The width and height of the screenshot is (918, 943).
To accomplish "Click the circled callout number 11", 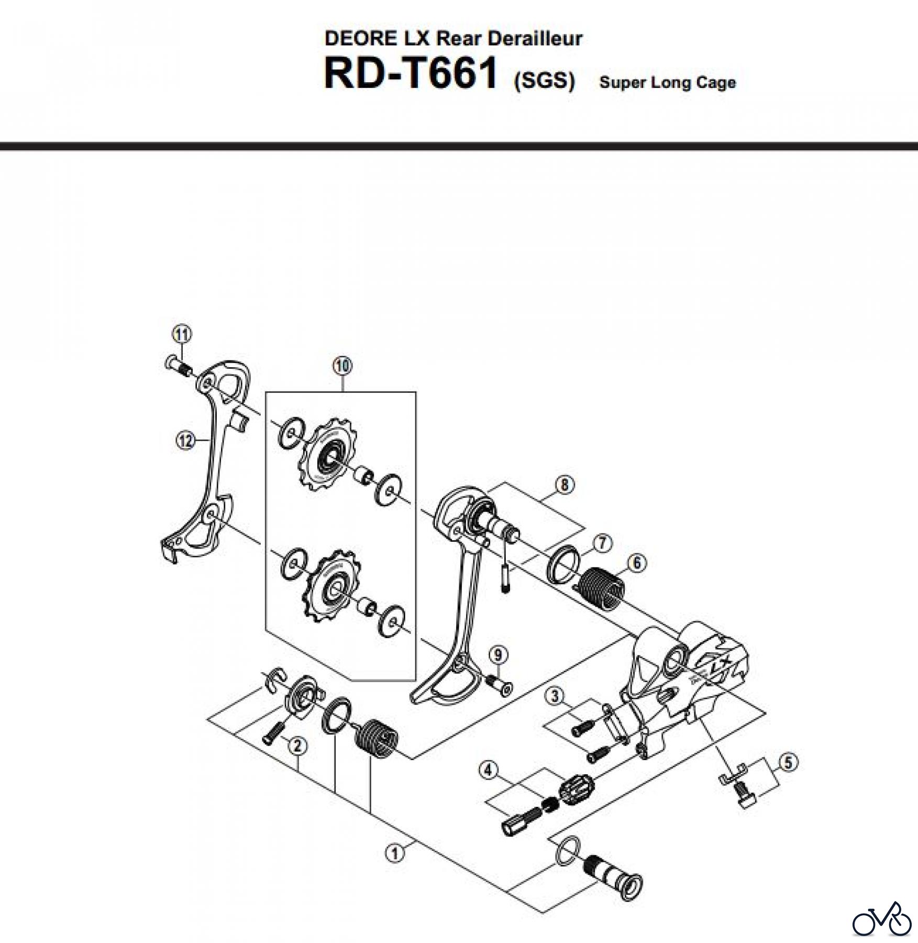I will click(x=182, y=334).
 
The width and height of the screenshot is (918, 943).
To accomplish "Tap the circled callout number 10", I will click(x=342, y=366).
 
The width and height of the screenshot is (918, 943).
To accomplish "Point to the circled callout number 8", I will click(x=564, y=485).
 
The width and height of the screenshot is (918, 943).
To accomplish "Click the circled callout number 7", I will click(x=602, y=543).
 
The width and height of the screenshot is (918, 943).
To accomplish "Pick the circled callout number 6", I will click(x=636, y=563).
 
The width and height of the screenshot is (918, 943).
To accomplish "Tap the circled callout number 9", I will click(x=498, y=655).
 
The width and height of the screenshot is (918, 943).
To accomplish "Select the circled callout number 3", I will click(x=556, y=696).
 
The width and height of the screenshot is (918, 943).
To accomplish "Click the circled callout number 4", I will click(x=489, y=770).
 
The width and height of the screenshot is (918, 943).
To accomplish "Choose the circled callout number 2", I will click(x=297, y=745).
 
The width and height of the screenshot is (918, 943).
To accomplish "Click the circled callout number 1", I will click(x=395, y=854).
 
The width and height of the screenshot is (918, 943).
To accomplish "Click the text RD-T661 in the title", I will click(x=411, y=74).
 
